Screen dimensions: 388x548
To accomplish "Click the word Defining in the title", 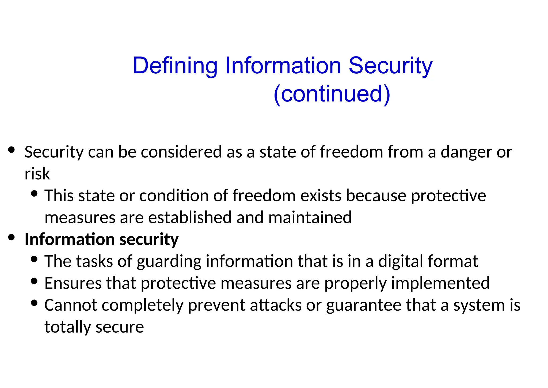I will pyautogui.click(x=175, y=66).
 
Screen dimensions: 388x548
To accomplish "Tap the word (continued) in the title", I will pyautogui.click(x=332, y=94).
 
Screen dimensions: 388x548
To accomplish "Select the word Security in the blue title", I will pyautogui.click(x=390, y=66).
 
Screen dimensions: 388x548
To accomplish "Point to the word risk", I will pyautogui.click(x=37, y=174).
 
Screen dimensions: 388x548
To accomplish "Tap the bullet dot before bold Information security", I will pyautogui.click(x=11, y=237).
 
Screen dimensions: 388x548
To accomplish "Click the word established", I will pyautogui.click(x=190, y=217).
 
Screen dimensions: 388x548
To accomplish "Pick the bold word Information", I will pyautogui.click(x=70, y=239).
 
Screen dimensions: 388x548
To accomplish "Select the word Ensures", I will pyautogui.click(x=73, y=283).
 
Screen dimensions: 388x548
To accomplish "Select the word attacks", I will pyautogui.click(x=276, y=305).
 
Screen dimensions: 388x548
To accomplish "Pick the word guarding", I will pyautogui.click(x=169, y=261).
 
